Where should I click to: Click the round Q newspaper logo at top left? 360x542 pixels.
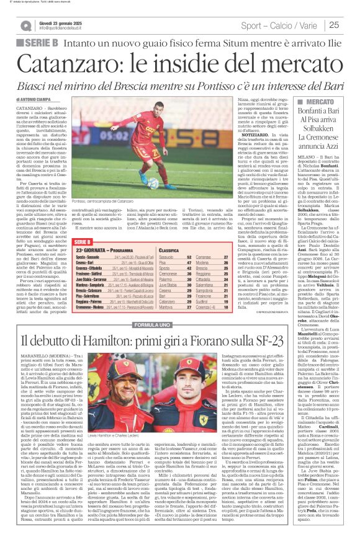pyautogui.click(x=25, y=25)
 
